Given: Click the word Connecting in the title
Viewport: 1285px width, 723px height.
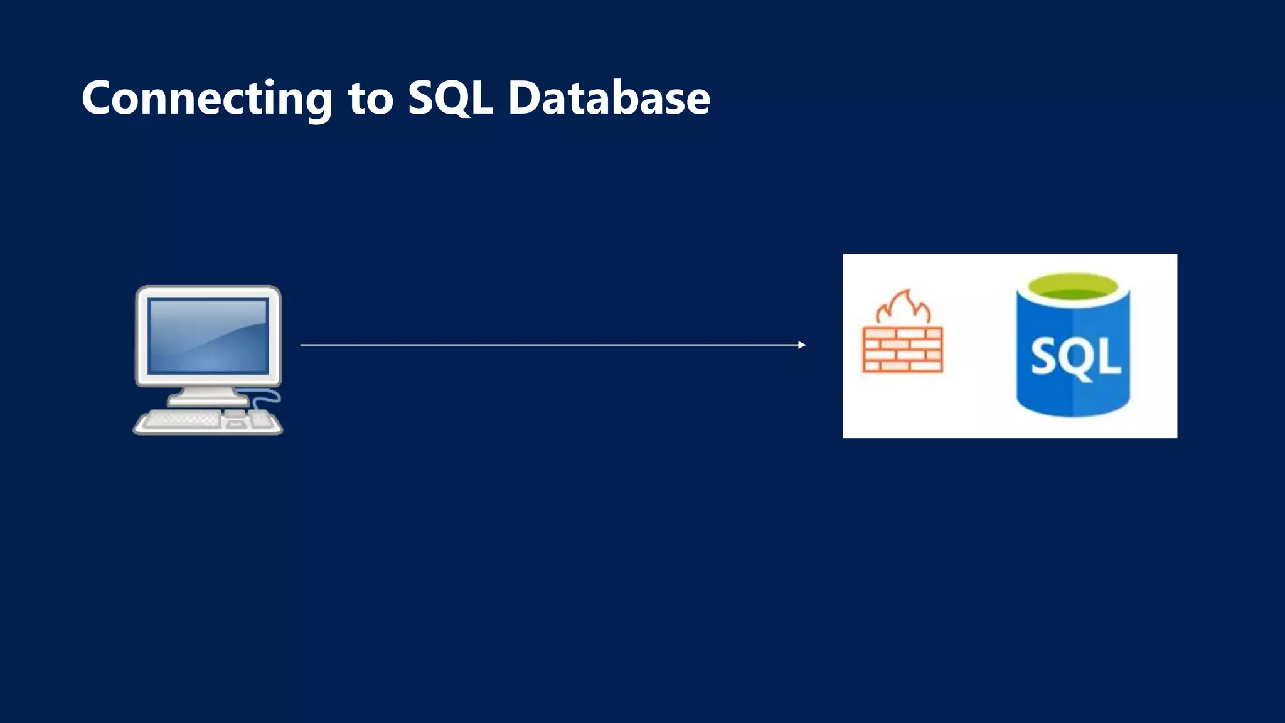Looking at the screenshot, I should (x=207, y=99).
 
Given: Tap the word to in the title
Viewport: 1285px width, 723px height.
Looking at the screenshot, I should (x=371, y=99).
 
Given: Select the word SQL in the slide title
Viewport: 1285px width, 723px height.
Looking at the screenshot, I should (x=450, y=99).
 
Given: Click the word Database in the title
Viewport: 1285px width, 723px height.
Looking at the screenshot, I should (x=609, y=99).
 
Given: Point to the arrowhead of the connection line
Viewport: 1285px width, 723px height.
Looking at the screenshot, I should (x=802, y=345).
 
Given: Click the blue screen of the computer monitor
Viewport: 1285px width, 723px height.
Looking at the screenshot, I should (x=208, y=335).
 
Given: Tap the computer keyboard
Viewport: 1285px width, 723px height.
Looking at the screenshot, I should (x=182, y=419).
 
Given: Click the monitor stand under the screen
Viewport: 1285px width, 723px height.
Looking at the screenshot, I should (x=207, y=396).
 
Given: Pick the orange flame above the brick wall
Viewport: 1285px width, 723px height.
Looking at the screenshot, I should (x=904, y=308).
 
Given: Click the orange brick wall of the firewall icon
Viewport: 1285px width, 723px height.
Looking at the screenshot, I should (x=903, y=350).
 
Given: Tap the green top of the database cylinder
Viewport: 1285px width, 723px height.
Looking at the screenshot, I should (x=1073, y=289).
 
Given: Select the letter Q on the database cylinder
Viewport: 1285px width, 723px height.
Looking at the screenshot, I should (x=1077, y=359).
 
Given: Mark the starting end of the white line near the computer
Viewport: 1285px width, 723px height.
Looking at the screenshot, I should (x=302, y=345).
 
